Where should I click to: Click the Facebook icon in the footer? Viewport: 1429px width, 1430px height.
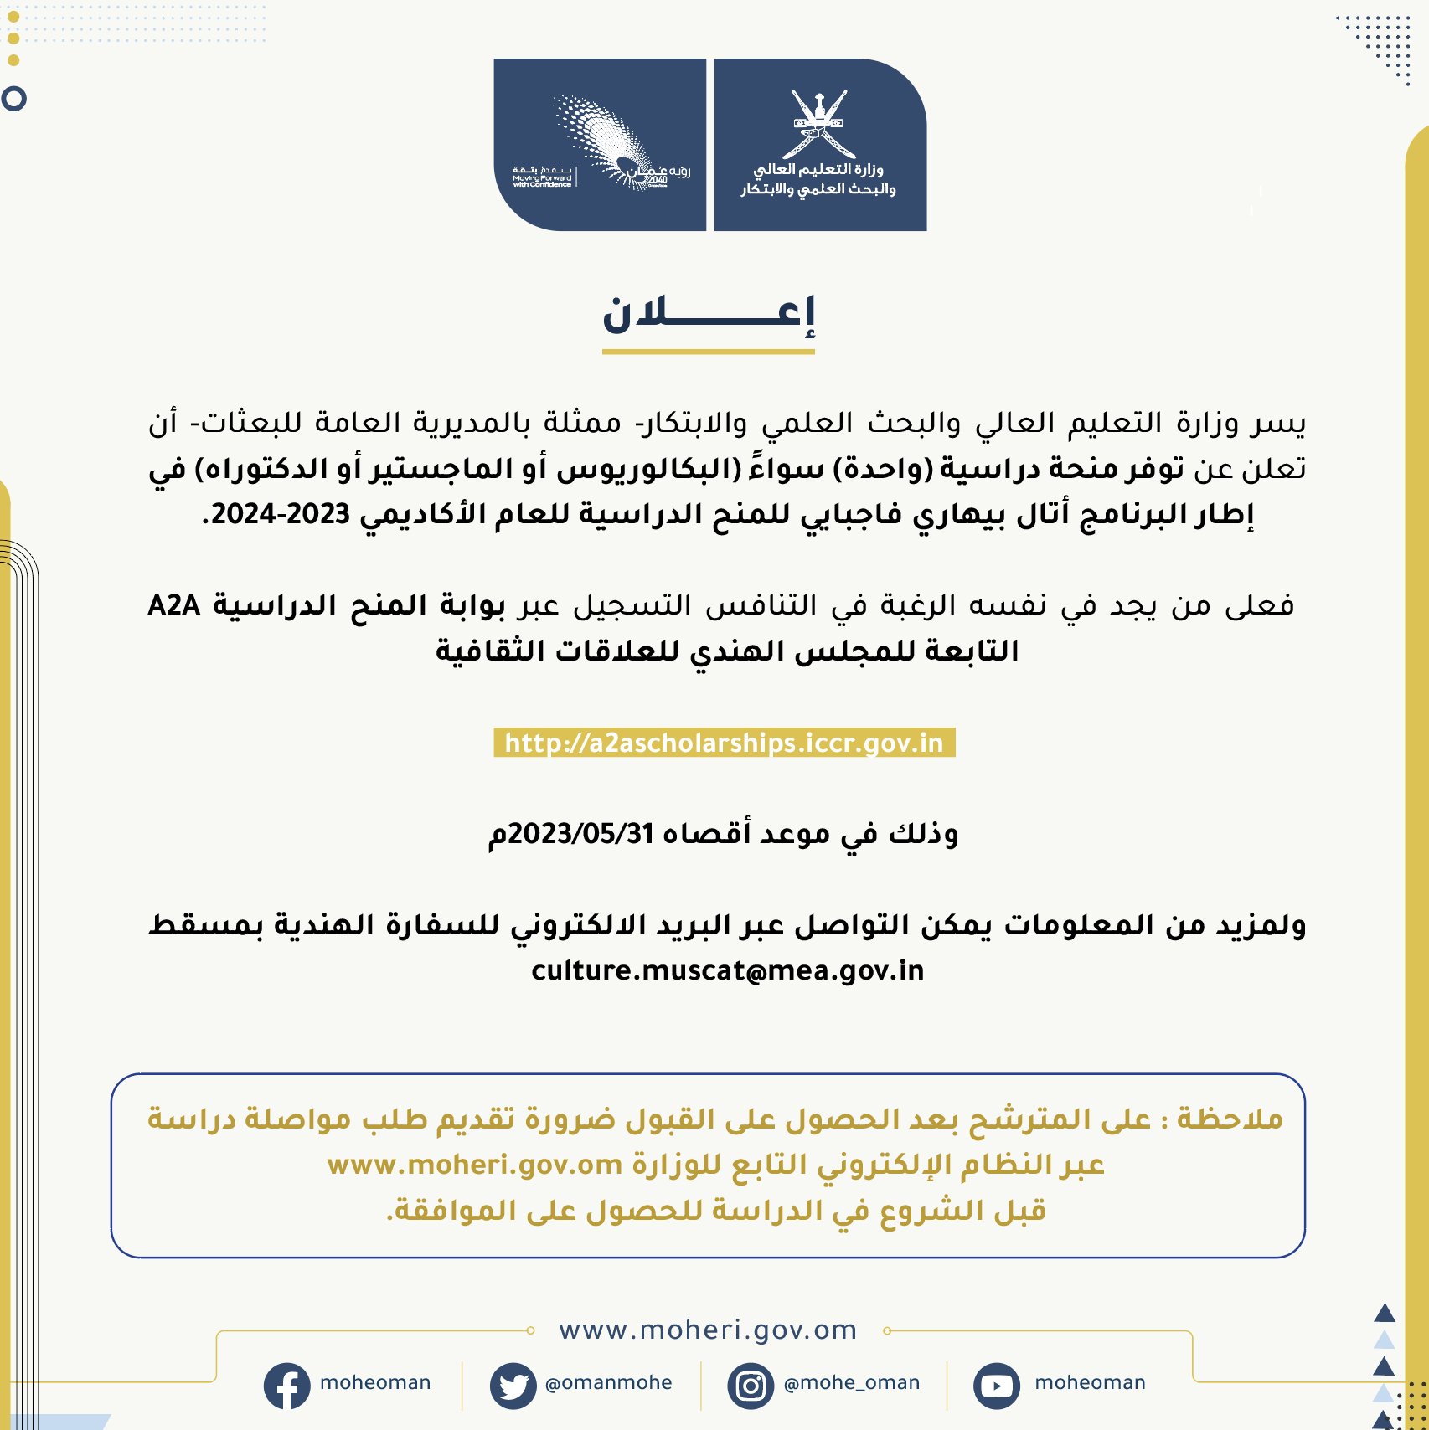286,1386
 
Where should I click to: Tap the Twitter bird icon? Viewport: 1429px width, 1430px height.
513,1386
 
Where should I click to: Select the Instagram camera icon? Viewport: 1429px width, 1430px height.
751,1386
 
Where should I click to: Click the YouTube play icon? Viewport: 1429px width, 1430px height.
996,1386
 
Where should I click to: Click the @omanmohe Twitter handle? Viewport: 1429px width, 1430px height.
608,1383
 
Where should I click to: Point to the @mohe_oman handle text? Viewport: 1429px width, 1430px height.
851,1383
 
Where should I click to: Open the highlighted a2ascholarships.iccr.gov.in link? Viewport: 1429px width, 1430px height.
724,743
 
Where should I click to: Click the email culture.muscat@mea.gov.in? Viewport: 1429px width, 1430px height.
727,970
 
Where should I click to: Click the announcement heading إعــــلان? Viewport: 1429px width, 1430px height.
709,315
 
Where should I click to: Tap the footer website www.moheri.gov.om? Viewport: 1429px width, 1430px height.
708,1330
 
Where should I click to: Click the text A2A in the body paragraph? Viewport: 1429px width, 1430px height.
173,604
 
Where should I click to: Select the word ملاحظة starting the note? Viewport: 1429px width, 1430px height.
1230,1119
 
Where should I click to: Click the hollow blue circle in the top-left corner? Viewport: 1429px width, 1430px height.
14,99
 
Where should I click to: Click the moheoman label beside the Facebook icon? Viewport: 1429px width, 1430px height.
375,1383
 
